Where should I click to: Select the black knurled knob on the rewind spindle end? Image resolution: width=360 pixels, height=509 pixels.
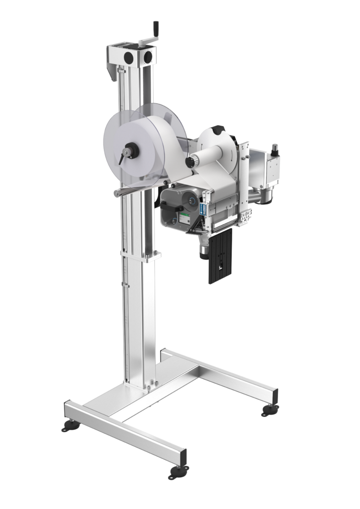tap(190, 162)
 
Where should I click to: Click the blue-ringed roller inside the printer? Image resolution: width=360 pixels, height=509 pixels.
tap(190, 199)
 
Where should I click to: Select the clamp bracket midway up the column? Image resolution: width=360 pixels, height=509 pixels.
tap(141, 255)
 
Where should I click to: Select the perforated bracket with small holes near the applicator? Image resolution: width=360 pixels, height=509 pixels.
tap(245, 216)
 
